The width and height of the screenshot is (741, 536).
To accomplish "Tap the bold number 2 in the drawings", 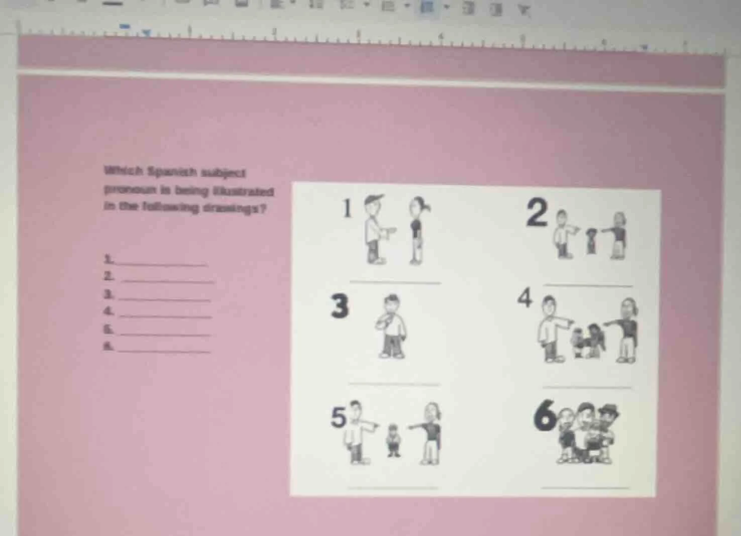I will tap(537, 213).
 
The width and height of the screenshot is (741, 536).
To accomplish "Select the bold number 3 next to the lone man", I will tap(340, 307).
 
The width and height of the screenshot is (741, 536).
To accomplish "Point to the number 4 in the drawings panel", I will tap(524, 298).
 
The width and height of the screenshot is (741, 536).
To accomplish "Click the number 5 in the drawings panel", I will tap(339, 417).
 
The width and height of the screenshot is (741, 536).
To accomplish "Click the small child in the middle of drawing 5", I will tap(393, 441).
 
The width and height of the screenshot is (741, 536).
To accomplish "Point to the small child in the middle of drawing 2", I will tap(592, 241).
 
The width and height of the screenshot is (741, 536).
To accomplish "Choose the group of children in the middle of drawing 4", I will tap(587, 341).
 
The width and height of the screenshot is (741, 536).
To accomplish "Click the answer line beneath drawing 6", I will tap(586, 487).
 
